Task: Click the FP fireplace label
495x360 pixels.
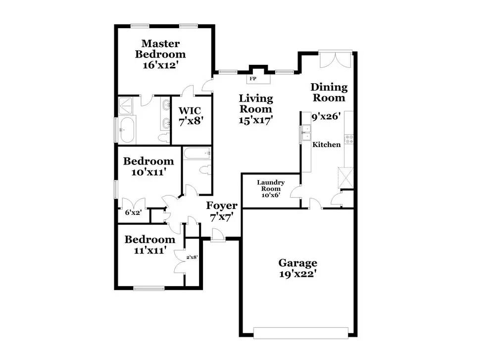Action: [253, 79]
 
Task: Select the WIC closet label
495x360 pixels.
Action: [190, 110]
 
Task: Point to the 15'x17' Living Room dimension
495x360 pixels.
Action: [256, 120]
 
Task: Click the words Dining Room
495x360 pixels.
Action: [329, 92]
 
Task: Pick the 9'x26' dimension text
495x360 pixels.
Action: [326, 117]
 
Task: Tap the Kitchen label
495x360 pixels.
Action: [326, 145]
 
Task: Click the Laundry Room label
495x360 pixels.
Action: [271, 185]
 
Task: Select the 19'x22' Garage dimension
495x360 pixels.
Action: [297, 274]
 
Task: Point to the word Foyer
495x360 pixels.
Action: [222, 206]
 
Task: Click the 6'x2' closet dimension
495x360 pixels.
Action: [133, 212]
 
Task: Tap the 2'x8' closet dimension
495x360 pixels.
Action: [192, 257]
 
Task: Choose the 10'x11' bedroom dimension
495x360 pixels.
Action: [148, 172]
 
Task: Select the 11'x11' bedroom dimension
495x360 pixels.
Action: [150, 251]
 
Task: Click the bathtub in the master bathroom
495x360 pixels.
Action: [127, 130]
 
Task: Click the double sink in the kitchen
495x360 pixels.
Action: [306, 133]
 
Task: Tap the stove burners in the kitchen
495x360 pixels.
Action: [349, 139]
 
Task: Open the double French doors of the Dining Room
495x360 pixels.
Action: [336, 59]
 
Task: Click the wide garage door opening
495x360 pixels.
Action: [301, 333]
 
